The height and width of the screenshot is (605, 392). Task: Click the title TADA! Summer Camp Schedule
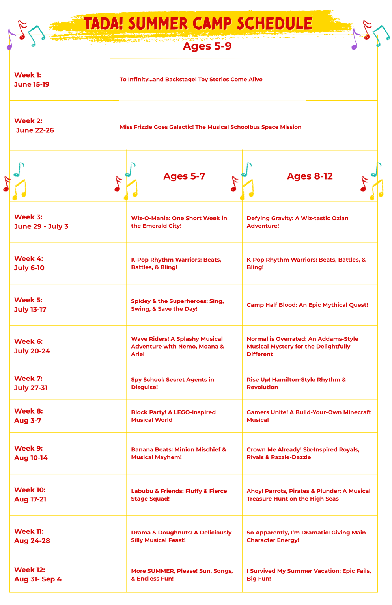tap(198, 24)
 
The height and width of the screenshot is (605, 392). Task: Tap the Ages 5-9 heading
tap(207, 46)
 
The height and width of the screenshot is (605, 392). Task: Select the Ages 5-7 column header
tap(184, 176)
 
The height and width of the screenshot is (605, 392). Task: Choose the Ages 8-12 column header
tap(310, 176)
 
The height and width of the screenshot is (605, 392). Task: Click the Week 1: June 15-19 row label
tap(32, 80)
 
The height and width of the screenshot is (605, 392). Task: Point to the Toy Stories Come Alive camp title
tap(191, 80)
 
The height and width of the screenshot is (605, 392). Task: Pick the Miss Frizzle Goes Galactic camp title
tap(211, 127)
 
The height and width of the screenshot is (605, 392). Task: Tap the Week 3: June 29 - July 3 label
tap(41, 222)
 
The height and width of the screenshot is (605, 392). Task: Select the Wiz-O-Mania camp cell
tap(179, 222)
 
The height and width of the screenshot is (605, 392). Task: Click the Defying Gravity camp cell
tap(297, 222)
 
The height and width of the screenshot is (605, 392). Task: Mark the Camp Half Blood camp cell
tap(307, 305)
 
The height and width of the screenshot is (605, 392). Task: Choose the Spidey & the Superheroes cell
tap(177, 305)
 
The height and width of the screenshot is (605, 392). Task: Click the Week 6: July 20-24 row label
tap(32, 346)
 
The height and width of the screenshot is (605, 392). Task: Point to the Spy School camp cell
tap(172, 383)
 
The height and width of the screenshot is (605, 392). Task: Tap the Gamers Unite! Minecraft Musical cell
tap(309, 416)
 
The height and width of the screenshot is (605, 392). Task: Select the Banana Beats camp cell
tap(179, 453)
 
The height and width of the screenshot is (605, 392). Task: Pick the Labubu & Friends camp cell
tap(179, 495)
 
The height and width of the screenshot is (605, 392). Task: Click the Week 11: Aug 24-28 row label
tap(32, 536)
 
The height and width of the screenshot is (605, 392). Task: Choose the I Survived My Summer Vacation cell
tap(309, 575)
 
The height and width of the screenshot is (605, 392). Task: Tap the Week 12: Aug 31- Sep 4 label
tap(37, 574)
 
